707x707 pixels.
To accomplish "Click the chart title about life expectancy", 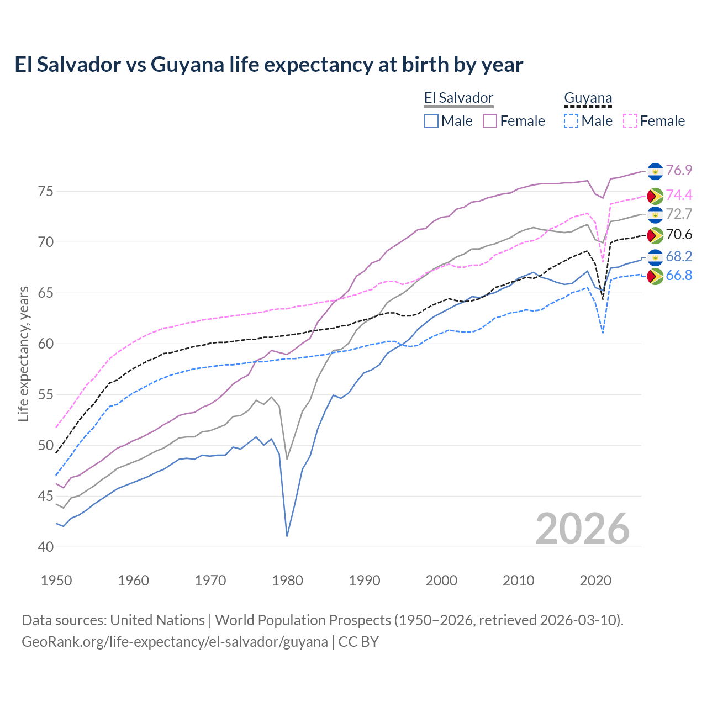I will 268,65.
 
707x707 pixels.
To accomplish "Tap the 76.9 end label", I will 679,170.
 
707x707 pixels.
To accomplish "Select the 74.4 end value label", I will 679,195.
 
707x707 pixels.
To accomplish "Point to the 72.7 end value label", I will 679,214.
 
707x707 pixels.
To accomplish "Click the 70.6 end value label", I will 679,234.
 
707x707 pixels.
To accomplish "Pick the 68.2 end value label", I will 679,256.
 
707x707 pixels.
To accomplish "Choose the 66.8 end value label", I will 679,275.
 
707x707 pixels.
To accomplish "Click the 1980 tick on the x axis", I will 287,581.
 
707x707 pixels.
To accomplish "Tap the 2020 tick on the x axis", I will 595,581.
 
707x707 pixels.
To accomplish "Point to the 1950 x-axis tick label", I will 56,581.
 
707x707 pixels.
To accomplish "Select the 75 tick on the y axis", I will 45,192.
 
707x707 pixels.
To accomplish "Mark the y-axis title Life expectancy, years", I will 23,353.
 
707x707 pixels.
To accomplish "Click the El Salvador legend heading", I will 458,98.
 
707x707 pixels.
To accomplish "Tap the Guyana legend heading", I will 588,98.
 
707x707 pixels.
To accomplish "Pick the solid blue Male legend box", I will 431,121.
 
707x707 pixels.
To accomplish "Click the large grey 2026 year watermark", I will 582,529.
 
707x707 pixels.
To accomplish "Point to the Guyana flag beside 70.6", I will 655,235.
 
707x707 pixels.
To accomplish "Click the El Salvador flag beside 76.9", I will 655,171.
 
